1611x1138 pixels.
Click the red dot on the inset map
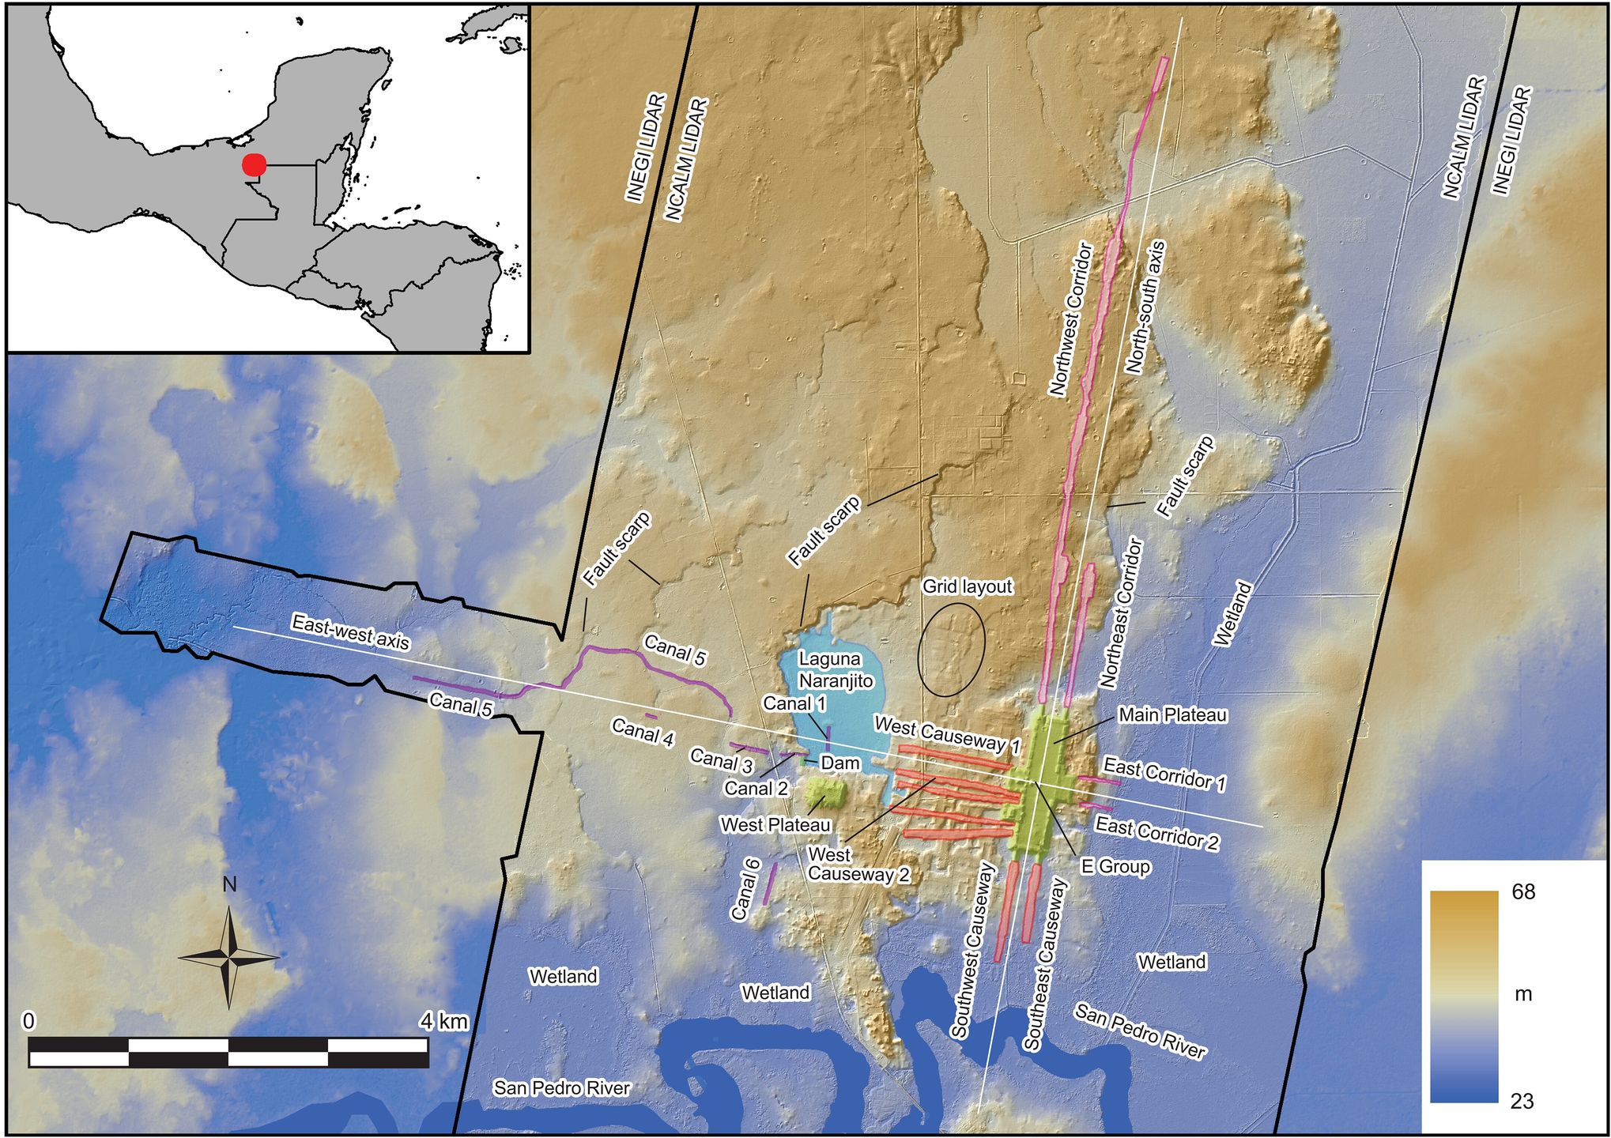pyautogui.click(x=254, y=164)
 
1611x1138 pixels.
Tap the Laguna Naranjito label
pyautogui.click(x=836, y=669)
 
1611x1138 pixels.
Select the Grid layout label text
pyautogui.click(x=967, y=586)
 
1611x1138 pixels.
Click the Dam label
pyautogui.click(x=840, y=763)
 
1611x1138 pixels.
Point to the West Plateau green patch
pyautogui.click(x=825, y=792)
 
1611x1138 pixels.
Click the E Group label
pyautogui.click(x=1115, y=866)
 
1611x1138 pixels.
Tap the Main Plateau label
pyautogui.click(x=1172, y=715)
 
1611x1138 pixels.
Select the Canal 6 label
pyautogui.click(x=745, y=890)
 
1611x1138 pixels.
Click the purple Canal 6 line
pyautogui.click(x=770, y=884)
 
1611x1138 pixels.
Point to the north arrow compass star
pyautogui.click(x=229, y=957)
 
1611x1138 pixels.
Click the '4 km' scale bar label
pyautogui.click(x=443, y=1021)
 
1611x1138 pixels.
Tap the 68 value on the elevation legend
pyautogui.click(x=1522, y=892)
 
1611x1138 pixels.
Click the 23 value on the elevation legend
pyautogui.click(x=1522, y=1101)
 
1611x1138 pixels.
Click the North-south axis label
pyautogui.click(x=1145, y=307)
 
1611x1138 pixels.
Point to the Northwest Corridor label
pyautogui.click(x=1071, y=319)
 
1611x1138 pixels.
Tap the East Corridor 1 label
pyautogui.click(x=1164, y=774)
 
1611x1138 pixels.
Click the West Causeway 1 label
pyautogui.click(x=947, y=733)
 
